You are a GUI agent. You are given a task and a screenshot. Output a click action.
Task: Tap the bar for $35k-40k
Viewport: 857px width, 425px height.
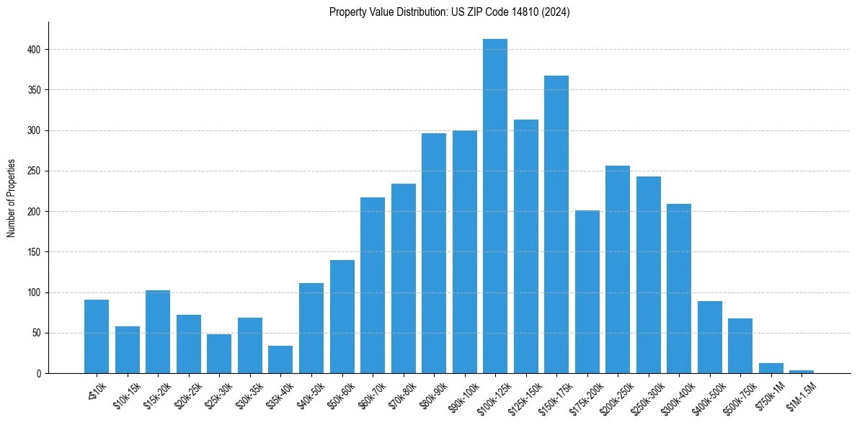[x=280, y=359]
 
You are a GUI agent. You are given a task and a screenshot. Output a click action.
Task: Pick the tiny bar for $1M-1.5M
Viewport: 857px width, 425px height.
[x=802, y=372]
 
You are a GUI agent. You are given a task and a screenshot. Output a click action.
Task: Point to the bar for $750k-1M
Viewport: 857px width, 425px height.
[x=771, y=368]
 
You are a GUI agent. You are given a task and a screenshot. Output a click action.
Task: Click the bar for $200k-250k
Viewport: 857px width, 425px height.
[x=618, y=269]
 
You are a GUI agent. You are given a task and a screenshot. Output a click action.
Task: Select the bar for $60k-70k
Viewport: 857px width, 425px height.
[x=373, y=285]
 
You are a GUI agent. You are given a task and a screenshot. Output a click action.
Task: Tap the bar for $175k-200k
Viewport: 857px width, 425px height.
[x=587, y=292]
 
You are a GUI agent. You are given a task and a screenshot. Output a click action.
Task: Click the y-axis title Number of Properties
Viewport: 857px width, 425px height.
[x=12, y=198]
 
